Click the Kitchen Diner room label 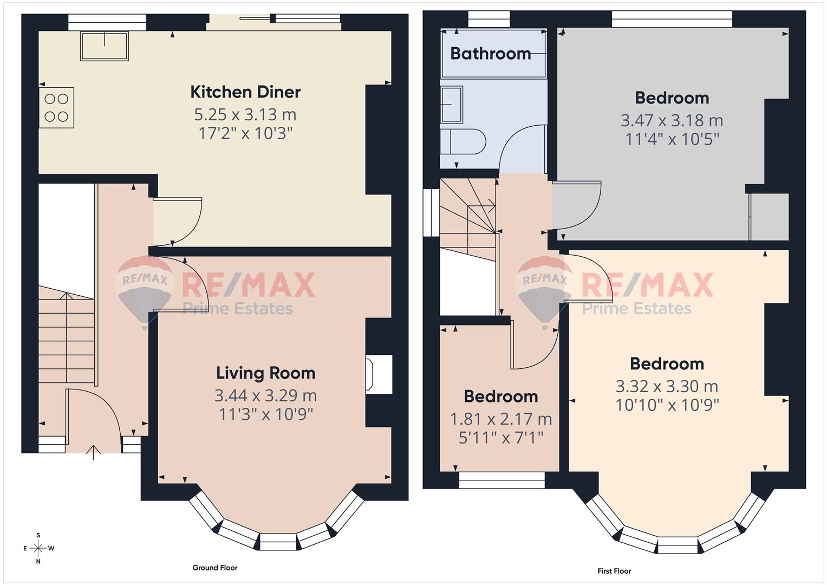pos(245,92)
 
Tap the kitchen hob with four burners pos(56,108)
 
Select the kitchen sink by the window pos(105,46)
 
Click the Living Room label pos(265,373)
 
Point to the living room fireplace pos(378,374)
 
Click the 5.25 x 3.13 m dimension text pos(245,115)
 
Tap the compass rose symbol pos(38,548)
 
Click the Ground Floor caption pos(215,568)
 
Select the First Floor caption pos(614,571)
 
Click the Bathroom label pos(490,54)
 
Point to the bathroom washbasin pos(451,105)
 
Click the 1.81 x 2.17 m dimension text pos(501,419)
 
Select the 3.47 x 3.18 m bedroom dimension pos(672,120)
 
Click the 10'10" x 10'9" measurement pos(667,405)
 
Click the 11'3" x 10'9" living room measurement pos(265,414)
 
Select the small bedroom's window pos(502,480)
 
